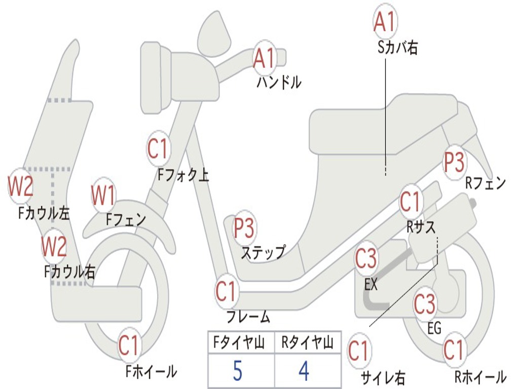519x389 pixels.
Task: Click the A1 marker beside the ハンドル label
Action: (x=264, y=59)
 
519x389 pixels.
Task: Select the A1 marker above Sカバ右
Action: (x=384, y=22)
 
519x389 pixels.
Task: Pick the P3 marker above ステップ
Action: (x=244, y=229)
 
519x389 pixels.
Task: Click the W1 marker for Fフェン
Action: (x=103, y=196)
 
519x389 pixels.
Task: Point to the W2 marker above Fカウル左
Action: (x=21, y=186)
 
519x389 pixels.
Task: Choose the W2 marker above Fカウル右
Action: (x=54, y=246)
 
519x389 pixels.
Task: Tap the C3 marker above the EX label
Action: (x=366, y=259)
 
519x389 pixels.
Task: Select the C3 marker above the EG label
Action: (x=425, y=304)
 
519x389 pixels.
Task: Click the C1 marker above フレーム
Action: (x=226, y=291)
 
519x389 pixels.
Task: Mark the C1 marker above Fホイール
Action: (x=129, y=346)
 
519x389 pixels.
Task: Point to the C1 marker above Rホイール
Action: (x=454, y=349)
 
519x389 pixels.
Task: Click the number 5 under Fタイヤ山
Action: (x=237, y=371)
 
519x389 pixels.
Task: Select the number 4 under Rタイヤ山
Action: (x=304, y=371)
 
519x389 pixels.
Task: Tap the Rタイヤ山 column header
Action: (x=307, y=344)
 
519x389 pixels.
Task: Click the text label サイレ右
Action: (x=383, y=377)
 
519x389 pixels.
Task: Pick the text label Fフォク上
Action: (x=183, y=175)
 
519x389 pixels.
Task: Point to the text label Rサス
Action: (x=421, y=227)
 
